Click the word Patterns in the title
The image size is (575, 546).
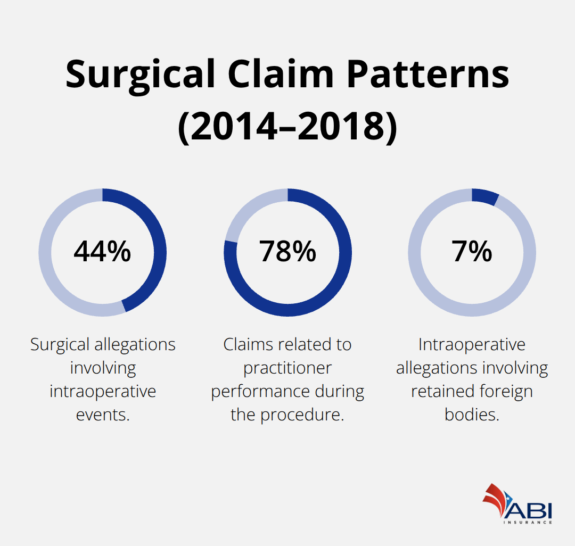pos(428,75)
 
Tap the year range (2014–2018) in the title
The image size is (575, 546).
pos(287,128)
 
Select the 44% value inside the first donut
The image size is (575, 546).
pos(102,252)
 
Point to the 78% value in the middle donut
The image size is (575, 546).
pos(287,252)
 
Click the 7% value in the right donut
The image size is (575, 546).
pos(472,252)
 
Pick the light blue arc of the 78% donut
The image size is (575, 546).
pos(242,213)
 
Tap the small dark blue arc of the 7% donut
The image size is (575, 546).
pos(485,196)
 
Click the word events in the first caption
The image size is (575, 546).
pos(103,415)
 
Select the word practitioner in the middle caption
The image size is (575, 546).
pos(287,368)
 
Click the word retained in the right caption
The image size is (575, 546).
pos(438,391)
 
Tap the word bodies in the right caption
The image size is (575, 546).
pos(472,415)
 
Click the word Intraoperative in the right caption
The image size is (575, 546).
pos(472,344)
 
